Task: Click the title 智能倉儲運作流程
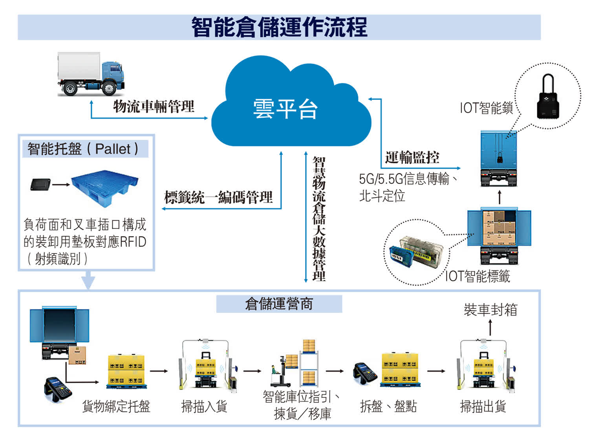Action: (279, 27)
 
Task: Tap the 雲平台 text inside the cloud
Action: (285, 109)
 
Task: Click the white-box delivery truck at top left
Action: (90, 73)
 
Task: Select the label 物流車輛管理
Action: (154, 106)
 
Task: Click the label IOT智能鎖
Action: (486, 108)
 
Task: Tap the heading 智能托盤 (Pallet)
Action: (83, 149)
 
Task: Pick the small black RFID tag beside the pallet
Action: (41, 184)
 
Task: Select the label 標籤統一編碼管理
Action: (218, 197)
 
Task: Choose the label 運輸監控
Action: (412, 157)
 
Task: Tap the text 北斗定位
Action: (382, 195)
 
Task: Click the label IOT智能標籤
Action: (477, 276)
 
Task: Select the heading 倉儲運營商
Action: (279, 304)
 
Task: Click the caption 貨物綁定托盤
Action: (116, 406)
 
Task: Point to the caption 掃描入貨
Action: (204, 406)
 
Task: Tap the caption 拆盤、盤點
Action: (388, 406)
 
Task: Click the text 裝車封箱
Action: (490, 310)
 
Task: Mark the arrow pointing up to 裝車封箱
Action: (490, 327)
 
